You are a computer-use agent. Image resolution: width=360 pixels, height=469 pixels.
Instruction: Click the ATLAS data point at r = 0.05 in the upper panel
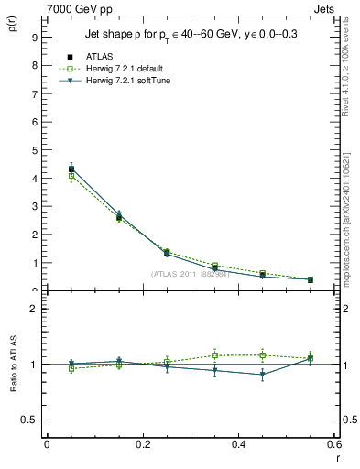71,169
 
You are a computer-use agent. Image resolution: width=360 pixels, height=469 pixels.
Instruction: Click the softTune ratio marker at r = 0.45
262,374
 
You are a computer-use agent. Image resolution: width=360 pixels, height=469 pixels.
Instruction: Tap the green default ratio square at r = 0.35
214,355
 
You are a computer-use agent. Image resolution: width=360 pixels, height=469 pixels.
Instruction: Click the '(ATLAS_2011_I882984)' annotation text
191,273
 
